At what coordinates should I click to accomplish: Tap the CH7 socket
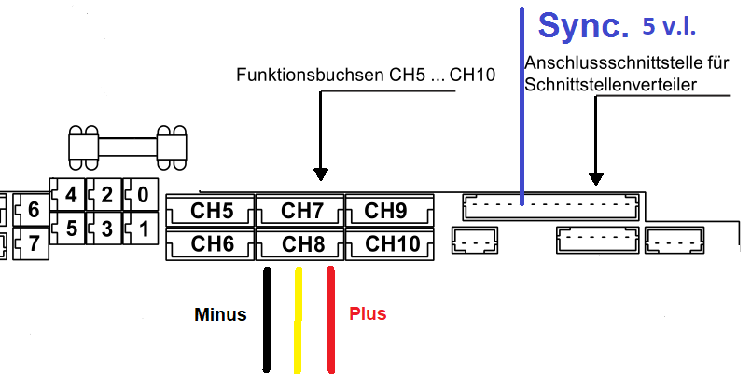coord(300,211)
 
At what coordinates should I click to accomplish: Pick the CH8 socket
coord(300,244)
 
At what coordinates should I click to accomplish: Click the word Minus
coord(220,314)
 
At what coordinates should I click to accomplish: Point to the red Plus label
coord(368,314)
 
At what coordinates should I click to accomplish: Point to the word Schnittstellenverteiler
coord(612,85)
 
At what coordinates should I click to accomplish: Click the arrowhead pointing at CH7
coord(321,173)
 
